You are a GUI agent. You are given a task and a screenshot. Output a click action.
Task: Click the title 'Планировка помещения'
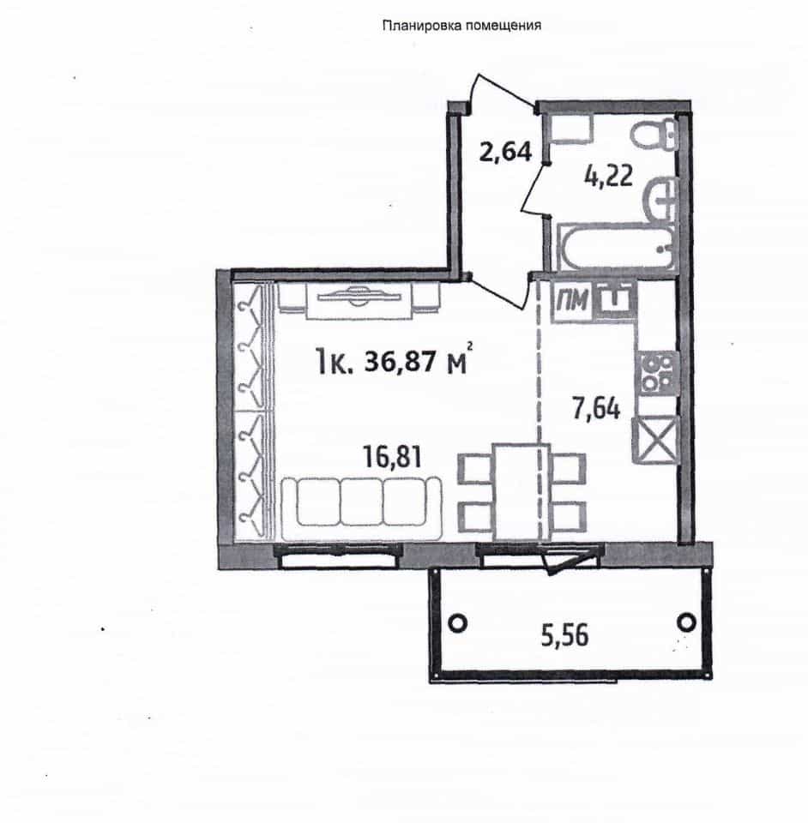(461, 26)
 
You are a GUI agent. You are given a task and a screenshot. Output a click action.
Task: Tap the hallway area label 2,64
(505, 153)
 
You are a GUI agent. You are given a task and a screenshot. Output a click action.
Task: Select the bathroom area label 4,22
(608, 176)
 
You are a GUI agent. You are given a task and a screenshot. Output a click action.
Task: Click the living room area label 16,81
(393, 457)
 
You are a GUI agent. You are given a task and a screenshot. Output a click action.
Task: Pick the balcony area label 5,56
(565, 635)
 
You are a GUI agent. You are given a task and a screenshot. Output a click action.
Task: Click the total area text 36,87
(399, 362)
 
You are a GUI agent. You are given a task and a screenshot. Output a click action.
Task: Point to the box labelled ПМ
(571, 301)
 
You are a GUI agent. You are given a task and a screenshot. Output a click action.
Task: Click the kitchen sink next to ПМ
(615, 300)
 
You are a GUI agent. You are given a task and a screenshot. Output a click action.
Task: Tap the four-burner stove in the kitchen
(657, 374)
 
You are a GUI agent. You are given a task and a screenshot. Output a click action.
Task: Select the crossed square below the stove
(655, 440)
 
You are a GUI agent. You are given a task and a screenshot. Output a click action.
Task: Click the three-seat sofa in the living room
(361, 508)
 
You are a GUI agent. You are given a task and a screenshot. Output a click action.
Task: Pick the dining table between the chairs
(521, 491)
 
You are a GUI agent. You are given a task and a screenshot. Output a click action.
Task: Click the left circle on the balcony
(458, 623)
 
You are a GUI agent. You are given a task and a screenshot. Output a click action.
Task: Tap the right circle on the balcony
(686, 622)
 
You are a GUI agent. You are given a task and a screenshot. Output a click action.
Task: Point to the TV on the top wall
(359, 297)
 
